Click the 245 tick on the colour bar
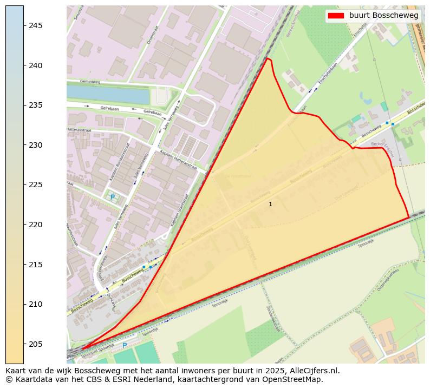(x=24, y=25)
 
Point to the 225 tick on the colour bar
(x=24, y=184)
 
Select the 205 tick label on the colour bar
(x=36, y=344)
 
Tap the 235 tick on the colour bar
(x=24, y=105)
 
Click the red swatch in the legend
(x=336, y=16)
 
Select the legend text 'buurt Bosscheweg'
(x=383, y=16)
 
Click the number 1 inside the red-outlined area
(x=270, y=204)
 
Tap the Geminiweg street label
(x=82, y=82)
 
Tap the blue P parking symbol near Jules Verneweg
(x=113, y=197)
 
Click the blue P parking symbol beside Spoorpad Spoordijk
(x=125, y=345)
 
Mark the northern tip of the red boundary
(x=266, y=58)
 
